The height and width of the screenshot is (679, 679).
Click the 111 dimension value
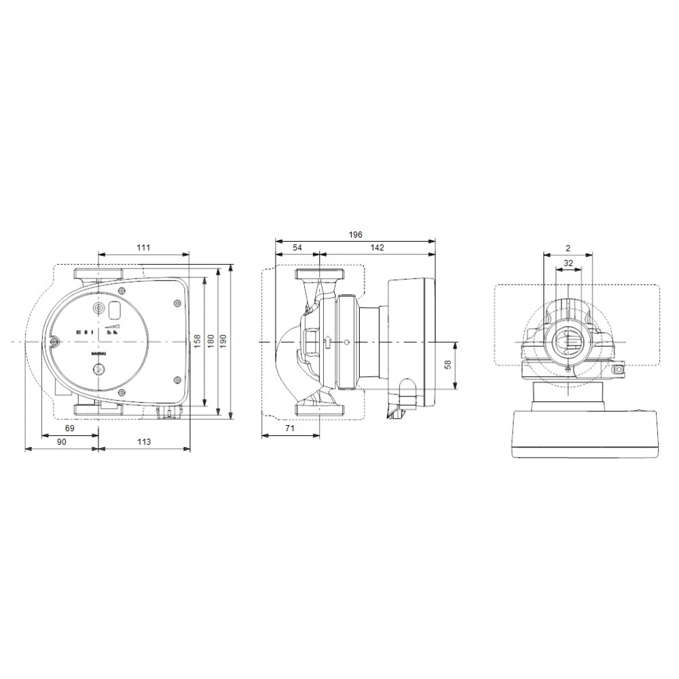[x=143, y=248]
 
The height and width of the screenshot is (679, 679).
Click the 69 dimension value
[x=69, y=428]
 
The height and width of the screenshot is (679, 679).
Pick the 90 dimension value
[x=61, y=442]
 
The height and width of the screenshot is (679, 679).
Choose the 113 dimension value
[x=144, y=442]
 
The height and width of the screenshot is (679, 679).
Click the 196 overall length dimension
[x=355, y=234]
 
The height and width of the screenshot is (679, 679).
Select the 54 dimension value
[x=297, y=248]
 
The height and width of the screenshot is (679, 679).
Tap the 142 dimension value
[x=378, y=248]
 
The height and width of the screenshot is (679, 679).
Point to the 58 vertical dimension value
[x=447, y=365]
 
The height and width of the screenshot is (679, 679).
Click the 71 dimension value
[x=289, y=430]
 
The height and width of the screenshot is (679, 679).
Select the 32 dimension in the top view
[x=568, y=262]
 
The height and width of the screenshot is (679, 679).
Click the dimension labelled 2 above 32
[x=568, y=249]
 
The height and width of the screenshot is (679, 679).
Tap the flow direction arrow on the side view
[x=328, y=342]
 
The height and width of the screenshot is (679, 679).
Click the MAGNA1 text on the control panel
[x=99, y=354]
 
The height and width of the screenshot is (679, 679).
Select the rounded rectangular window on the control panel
[x=114, y=310]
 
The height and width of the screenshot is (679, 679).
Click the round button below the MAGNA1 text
[x=99, y=370]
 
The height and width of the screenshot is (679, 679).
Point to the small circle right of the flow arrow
[x=346, y=342]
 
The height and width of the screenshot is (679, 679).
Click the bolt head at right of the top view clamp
[x=619, y=371]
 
